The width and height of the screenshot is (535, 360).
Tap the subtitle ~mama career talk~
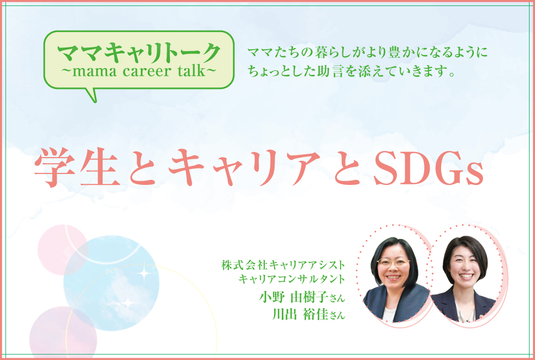click(x=139, y=71)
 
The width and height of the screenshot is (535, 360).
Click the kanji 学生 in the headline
click(x=77, y=168)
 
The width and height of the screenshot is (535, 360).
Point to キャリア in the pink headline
click(x=245, y=168)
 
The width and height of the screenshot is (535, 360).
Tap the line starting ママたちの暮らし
click(x=367, y=52)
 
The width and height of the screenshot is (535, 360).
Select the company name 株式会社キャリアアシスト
click(x=283, y=265)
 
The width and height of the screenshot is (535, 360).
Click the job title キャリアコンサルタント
click(x=292, y=279)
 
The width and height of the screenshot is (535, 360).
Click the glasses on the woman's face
click(x=393, y=262)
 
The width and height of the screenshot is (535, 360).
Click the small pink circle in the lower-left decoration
click(x=62, y=250)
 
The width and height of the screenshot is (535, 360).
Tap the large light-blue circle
click(x=111, y=283)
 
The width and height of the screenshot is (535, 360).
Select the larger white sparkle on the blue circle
click(x=143, y=273)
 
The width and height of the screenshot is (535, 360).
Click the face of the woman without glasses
click(x=465, y=265)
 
